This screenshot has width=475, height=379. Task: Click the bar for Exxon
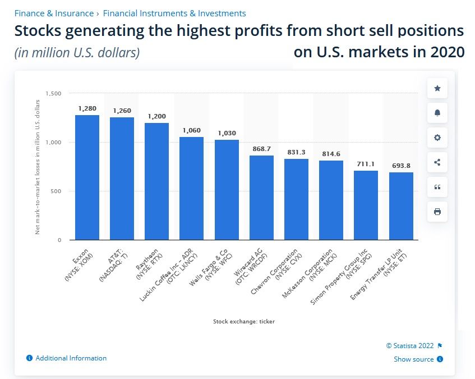[87, 177]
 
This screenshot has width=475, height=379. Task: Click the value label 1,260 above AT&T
[122, 111]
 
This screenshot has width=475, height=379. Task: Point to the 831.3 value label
[296, 152]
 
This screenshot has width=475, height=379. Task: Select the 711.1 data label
[366, 164]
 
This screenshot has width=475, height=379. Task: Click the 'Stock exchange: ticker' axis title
[243, 322]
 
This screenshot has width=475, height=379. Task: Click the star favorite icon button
[437, 88]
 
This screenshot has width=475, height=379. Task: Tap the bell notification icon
[437, 113]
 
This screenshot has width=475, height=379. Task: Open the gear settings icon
[437, 138]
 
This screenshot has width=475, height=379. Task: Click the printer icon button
[437, 212]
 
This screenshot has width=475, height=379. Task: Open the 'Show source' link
[413, 359]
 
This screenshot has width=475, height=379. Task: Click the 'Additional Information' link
[71, 358]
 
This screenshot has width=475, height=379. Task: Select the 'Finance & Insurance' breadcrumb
[54, 13]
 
